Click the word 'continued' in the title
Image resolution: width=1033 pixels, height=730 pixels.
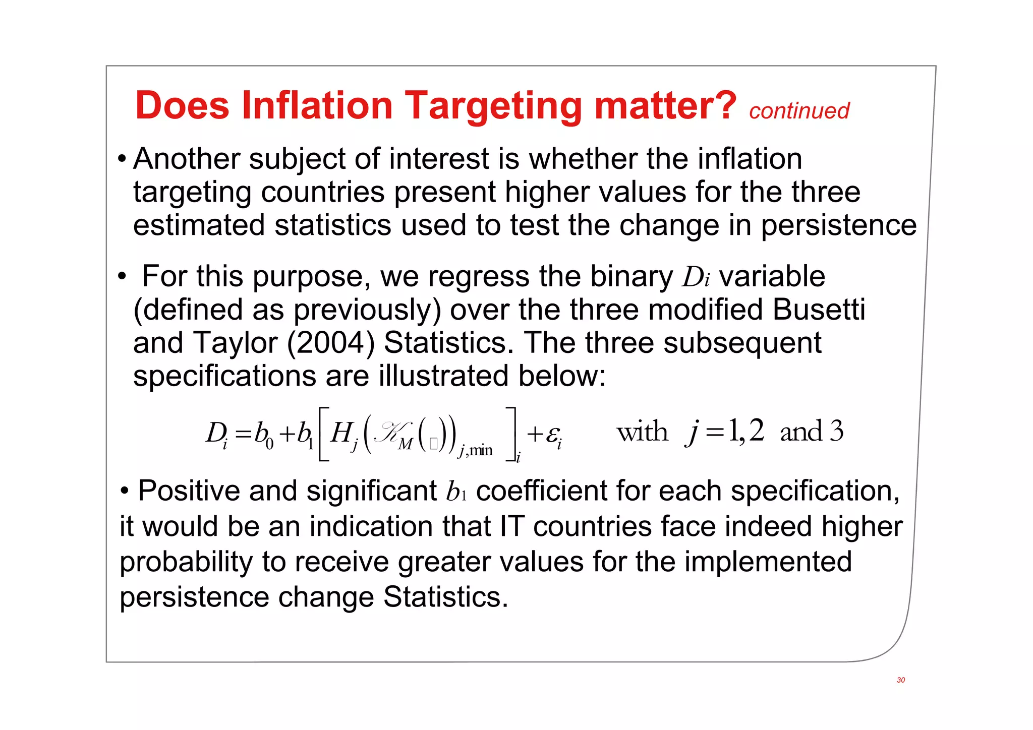tap(799, 111)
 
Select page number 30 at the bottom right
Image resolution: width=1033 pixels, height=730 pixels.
tap(901, 680)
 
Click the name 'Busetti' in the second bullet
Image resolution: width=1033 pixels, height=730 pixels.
tap(819, 310)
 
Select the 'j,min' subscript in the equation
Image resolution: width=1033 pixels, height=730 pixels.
tap(475, 449)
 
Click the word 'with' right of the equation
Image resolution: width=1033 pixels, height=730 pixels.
tap(642, 432)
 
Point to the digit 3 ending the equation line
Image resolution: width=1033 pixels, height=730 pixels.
tap(836, 431)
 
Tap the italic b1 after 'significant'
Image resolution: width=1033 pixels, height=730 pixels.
tap(456, 492)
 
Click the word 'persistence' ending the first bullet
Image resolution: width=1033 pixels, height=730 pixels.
tap(838, 225)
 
